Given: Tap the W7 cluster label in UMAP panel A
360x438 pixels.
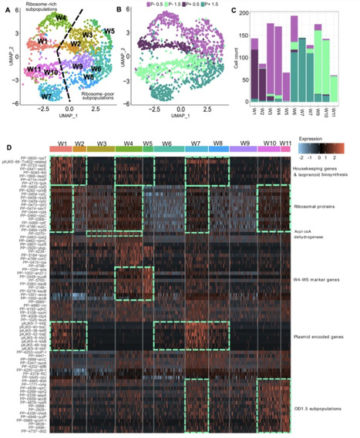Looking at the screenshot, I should pyautogui.click(x=46, y=96).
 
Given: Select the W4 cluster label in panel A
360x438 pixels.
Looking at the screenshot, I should pyautogui.click(x=61, y=17).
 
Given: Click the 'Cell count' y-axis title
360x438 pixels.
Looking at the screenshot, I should pyautogui.click(x=247, y=59).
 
